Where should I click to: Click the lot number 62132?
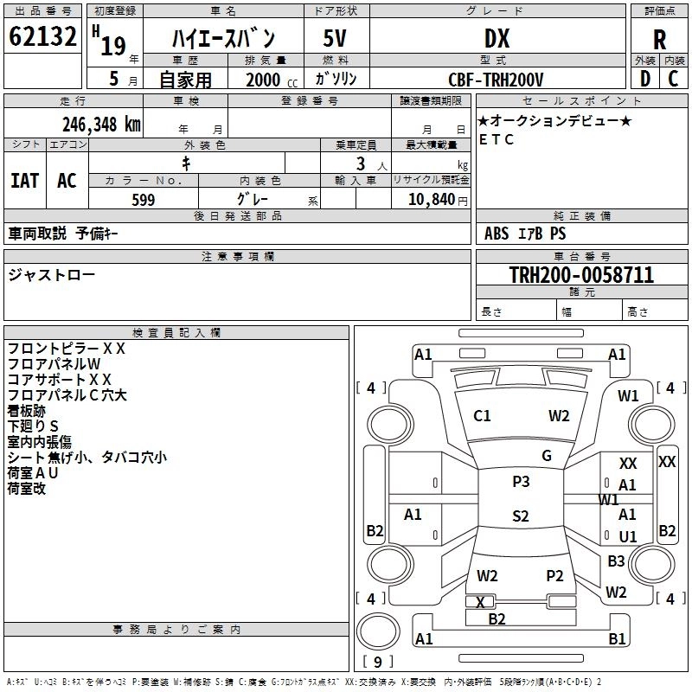point(42,39)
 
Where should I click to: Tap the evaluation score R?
point(659,40)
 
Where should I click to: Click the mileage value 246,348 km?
point(101,124)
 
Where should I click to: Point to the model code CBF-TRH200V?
point(496,80)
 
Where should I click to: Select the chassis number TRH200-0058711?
point(581,275)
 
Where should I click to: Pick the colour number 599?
point(143,200)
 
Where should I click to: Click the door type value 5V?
point(336,39)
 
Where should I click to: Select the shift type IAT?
point(24,180)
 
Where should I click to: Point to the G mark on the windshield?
point(547,456)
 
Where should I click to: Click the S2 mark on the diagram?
point(520,516)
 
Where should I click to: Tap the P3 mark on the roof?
point(521,482)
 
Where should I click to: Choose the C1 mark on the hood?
point(482,416)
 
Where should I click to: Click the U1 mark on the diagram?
point(628,536)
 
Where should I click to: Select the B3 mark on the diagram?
point(616,561)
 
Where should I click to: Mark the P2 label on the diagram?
point(554,575)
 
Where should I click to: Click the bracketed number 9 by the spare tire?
point(377,662)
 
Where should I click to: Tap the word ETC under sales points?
point(497,138)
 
